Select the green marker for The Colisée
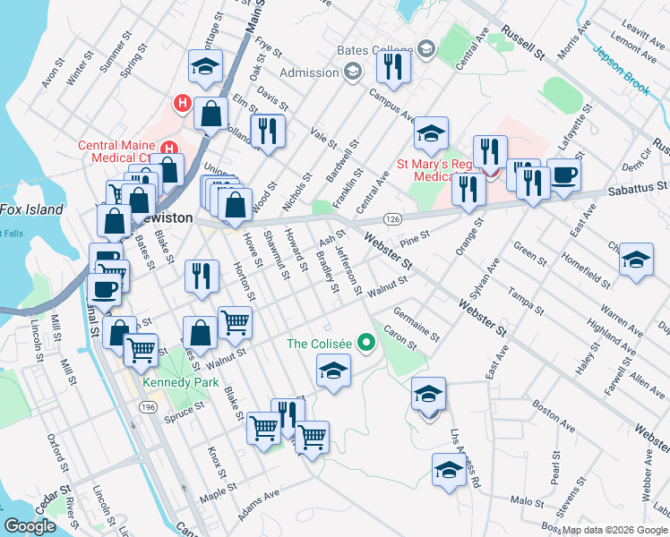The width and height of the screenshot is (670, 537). tap(365, 343)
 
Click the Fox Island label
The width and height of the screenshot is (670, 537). tap(31, 209)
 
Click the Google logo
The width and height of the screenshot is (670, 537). tap(29, 526)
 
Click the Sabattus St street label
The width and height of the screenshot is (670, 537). tap(636, 187)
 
